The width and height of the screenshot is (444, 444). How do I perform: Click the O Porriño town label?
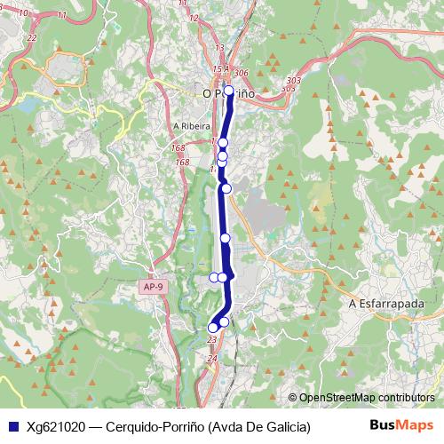click(x=228, y=93)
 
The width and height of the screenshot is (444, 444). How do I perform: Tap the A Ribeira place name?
click(x=192, y=126)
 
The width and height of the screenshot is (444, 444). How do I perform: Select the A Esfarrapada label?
click(x=386, y=303)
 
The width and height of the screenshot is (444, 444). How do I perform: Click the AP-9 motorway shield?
click(x=153, y=287)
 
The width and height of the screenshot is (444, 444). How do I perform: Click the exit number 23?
click(x=211, y=339)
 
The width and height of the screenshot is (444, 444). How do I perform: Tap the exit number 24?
click(x=211, y=358)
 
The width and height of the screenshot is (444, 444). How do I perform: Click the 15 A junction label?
click(x=221, y=68)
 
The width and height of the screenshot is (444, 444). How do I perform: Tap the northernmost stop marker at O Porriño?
click(x=229, y=91)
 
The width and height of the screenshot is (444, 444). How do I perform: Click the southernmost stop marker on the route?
click(x=213, y=328)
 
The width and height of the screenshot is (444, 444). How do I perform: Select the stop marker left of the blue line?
click(x=213, y=277)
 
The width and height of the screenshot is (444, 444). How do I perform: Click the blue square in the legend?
click(x=11, y=427)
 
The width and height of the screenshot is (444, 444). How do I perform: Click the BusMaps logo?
click(x=408, y=426)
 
